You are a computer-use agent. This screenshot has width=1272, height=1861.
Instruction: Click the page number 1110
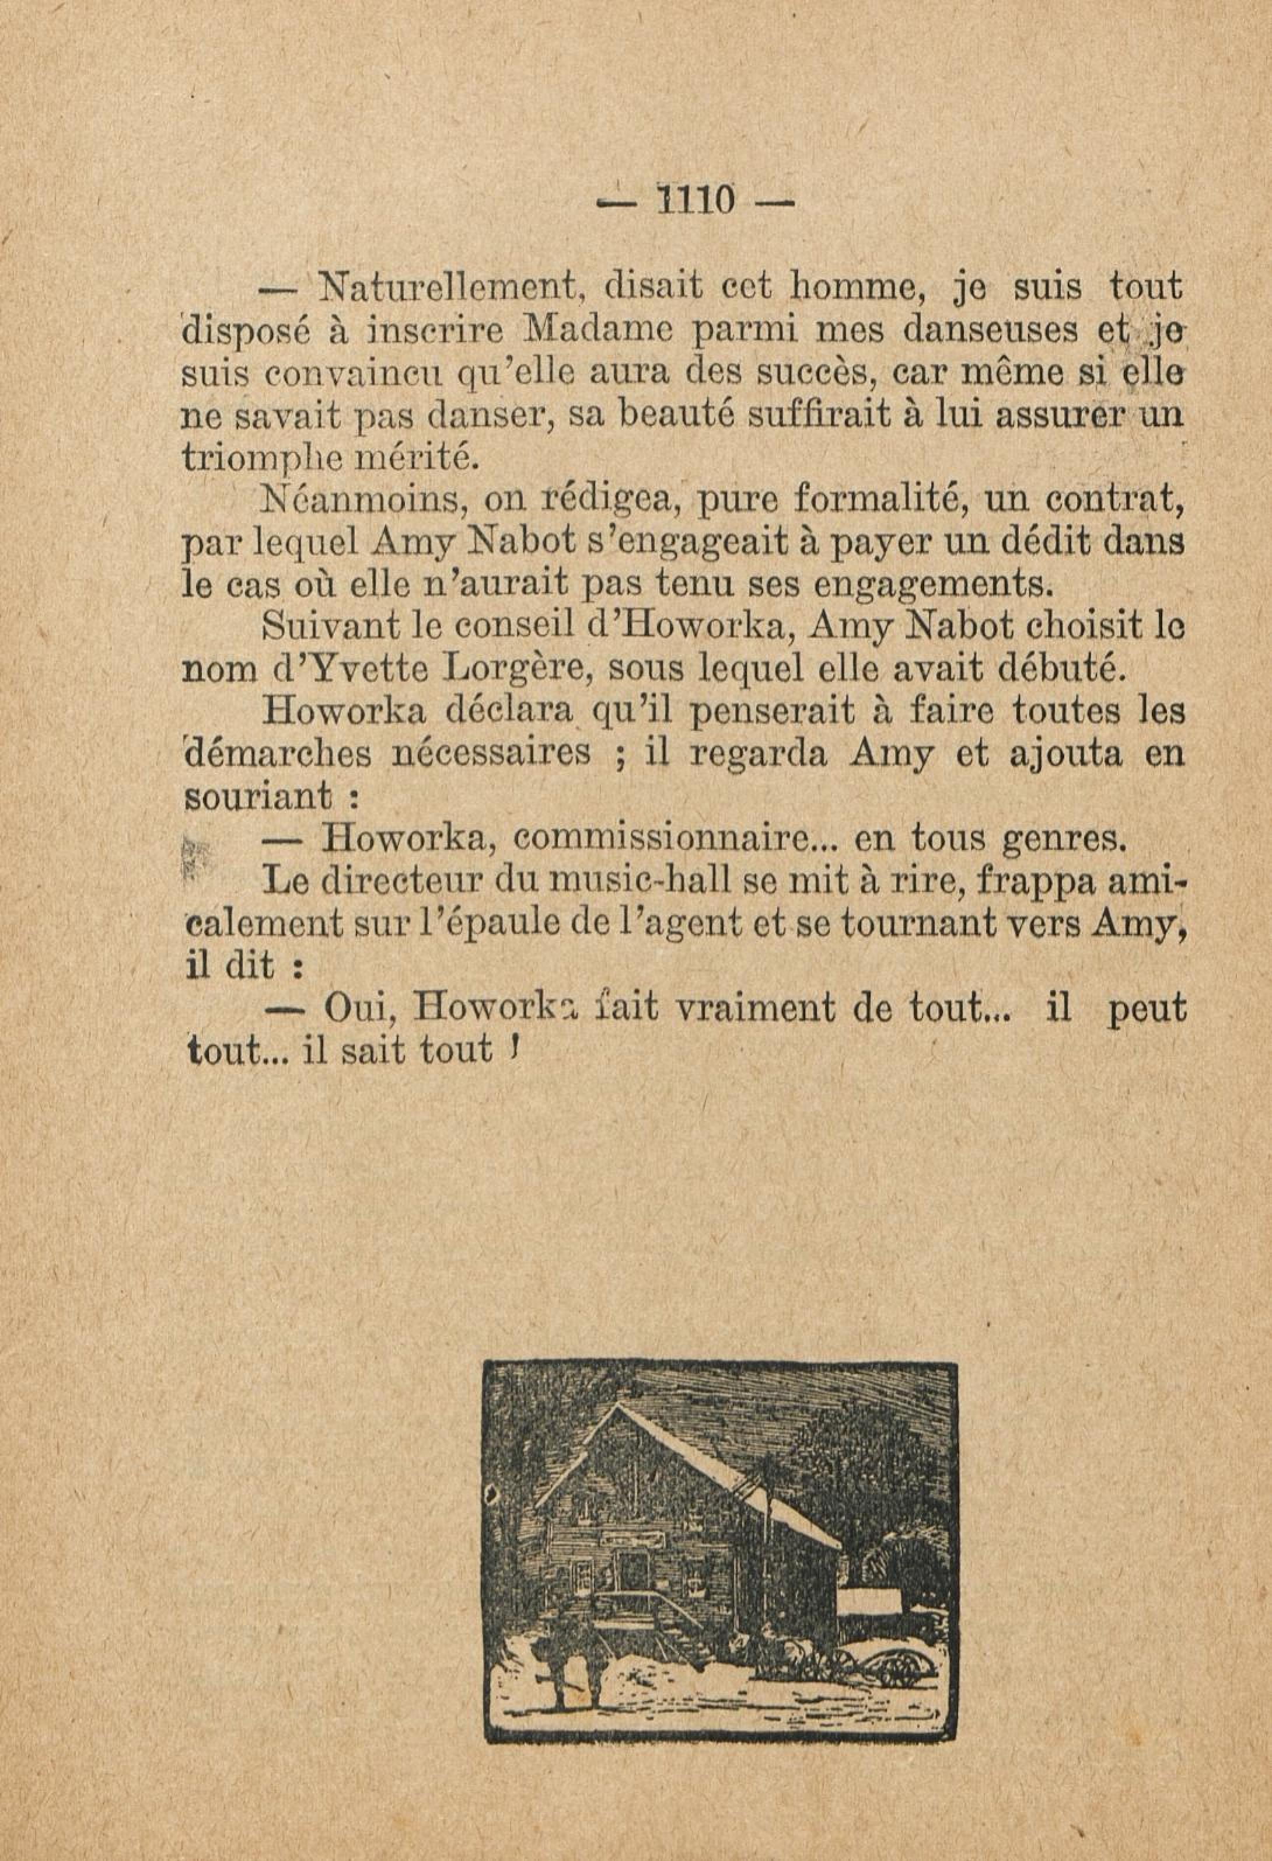pyautogui.click(x=694, y=200)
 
